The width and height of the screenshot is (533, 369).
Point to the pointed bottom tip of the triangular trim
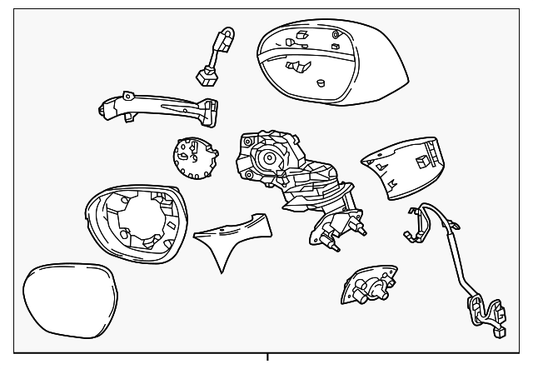(x=221, y=272)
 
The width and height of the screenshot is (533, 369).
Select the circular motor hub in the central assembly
(x=269, y=157)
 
